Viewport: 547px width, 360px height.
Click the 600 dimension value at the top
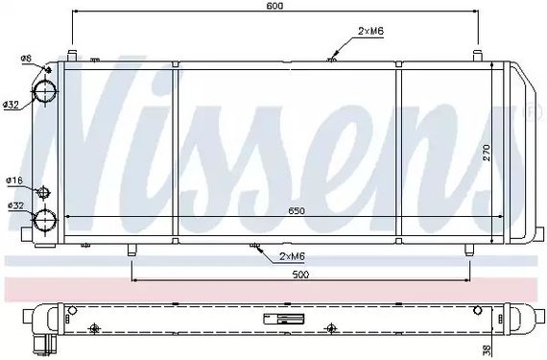pyautogui.click(x=275, y=6)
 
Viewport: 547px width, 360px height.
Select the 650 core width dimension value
pyautogui.click(x=297, y=210)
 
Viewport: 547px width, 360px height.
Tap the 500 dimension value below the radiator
pyautogui.click(x=300, y=275)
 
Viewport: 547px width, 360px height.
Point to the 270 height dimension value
pyautogui.click(x=487, y=153)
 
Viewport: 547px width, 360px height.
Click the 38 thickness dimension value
pyautogui.click(x=488, y=348)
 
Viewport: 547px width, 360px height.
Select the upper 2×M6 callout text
pyautogui.click(x=370, y=31)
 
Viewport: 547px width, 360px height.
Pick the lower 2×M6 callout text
pyautogui.click(x=292, y=256)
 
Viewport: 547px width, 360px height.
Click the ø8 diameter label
pyautogui.click(x=26, y=59)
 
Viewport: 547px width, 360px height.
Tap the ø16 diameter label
pyautogui.click(x=14, y=180)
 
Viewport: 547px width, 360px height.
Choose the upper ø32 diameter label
pyautogui.click(x=11, y=105)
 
